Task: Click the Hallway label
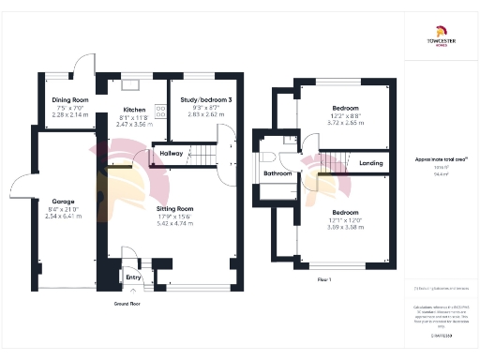[172, 152]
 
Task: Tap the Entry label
[133, 277]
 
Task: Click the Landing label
[370, 164]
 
